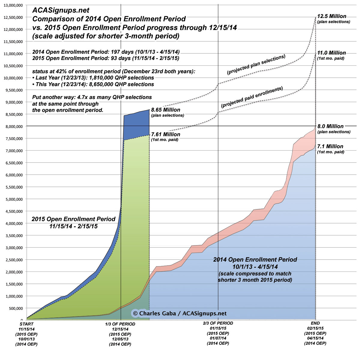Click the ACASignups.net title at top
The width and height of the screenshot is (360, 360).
(61, 11)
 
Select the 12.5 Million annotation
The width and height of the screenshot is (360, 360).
(332, 16)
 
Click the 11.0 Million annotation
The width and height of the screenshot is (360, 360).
(331, 53)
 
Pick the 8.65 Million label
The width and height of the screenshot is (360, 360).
(166, 110)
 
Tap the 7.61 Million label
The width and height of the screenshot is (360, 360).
(166, 134)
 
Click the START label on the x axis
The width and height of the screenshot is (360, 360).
(26, 324)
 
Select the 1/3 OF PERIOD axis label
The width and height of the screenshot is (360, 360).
(120, 324)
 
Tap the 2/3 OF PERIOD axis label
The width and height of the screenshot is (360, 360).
(218, 323)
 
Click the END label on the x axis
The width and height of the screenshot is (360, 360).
(315, 323)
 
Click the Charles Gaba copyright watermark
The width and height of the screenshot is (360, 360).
(179, 313)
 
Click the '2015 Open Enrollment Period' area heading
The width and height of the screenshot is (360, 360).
(74, 219)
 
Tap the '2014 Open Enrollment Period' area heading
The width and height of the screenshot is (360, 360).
(255, 259)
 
